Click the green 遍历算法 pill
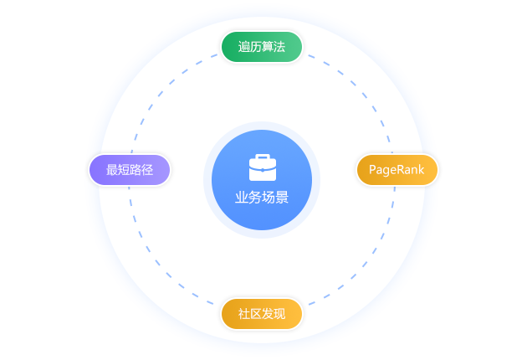tap(262, 47)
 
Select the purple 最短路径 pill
tap(130, 170)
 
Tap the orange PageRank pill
tap(397, 170)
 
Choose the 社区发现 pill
tap(262, 314)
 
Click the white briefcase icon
tap(263, 167)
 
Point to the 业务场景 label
tap(262, 198)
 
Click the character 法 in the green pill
tap(279, 47)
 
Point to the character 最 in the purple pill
tap(112, 170)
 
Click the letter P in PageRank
tap(372, 170)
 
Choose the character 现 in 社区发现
tap(279, 314)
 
